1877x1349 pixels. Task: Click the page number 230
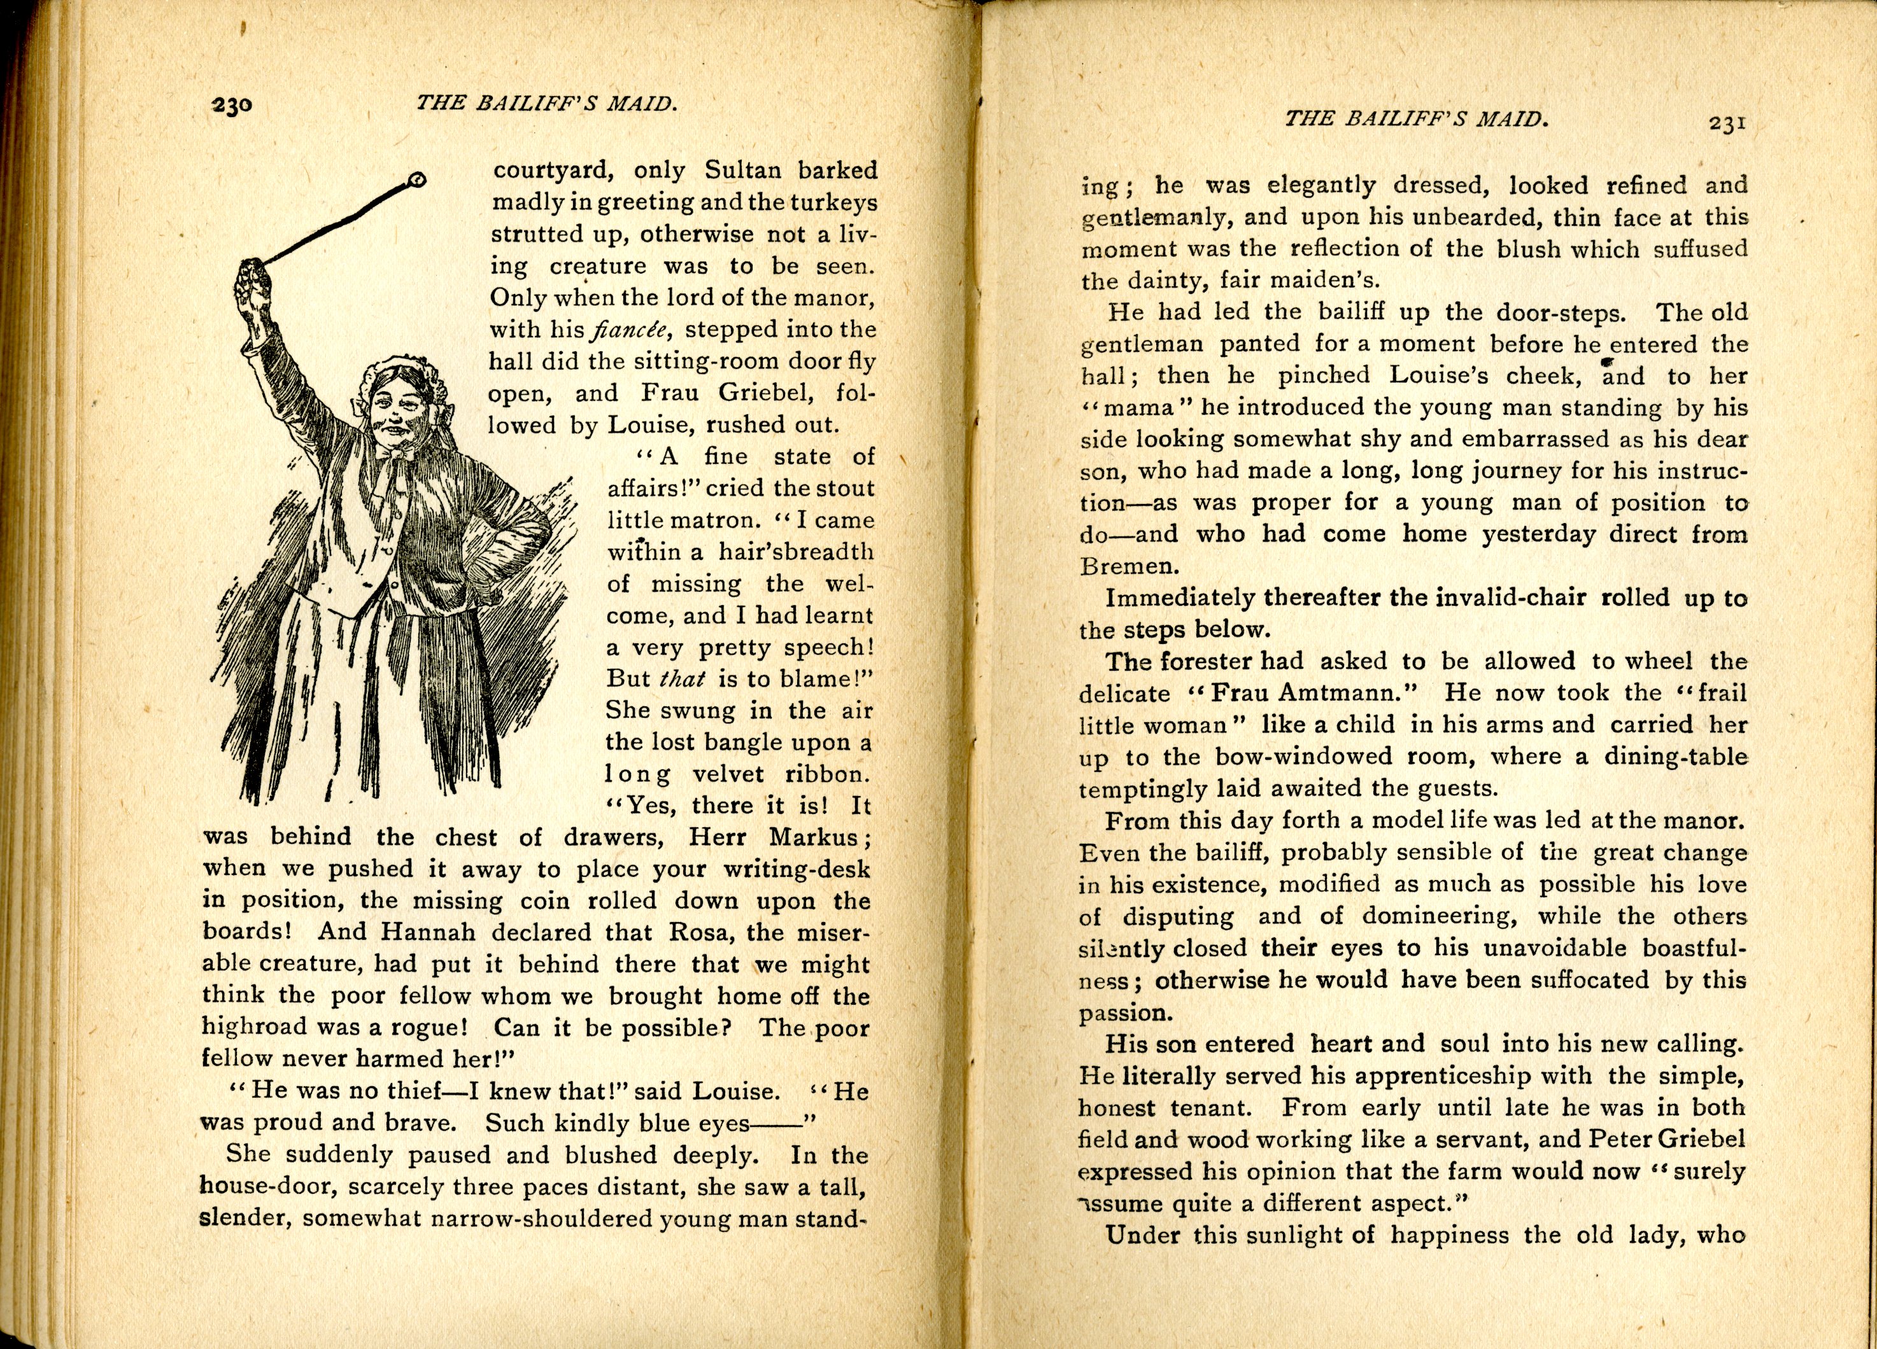[x=232, y=106]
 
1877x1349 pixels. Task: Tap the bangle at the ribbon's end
[x=418, y=179]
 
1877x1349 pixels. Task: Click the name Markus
[x=815, y=836]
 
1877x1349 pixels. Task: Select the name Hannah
[x=428, y=932]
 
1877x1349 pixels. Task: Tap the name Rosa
[x=703, y=932]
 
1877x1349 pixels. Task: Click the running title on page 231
[x=1415, y=118]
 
